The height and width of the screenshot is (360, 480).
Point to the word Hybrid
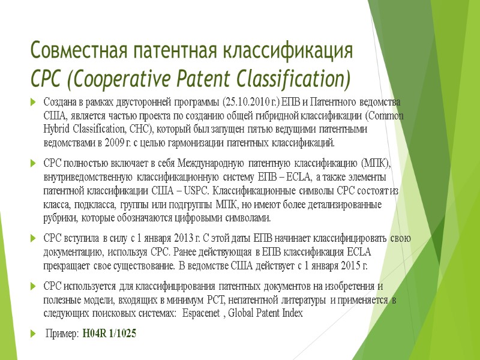(57, 129)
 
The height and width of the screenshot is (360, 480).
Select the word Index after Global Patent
(291, 314)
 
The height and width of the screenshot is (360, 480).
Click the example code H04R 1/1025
(109, 333)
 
